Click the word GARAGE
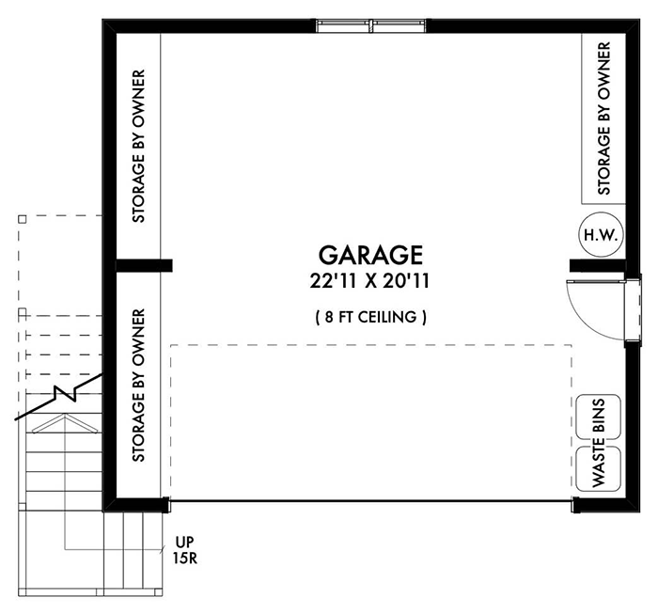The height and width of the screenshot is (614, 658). [370, 255]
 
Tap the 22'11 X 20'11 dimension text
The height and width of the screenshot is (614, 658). [370, 280]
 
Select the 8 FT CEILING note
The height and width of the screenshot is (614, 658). [370, 317]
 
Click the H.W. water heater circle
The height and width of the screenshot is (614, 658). [599, 235]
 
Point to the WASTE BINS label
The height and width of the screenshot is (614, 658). [599, 442]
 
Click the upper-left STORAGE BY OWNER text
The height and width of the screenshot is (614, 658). [138, 146]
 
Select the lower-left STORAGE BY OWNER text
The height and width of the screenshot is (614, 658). [138, 386]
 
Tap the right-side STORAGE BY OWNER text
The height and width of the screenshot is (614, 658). [604, 118]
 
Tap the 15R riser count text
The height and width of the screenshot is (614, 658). [184, 559]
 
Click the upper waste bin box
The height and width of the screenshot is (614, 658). [599, 418]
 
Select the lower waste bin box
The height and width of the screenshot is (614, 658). [599, 467]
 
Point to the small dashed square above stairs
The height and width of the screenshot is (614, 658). [23, 218]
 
